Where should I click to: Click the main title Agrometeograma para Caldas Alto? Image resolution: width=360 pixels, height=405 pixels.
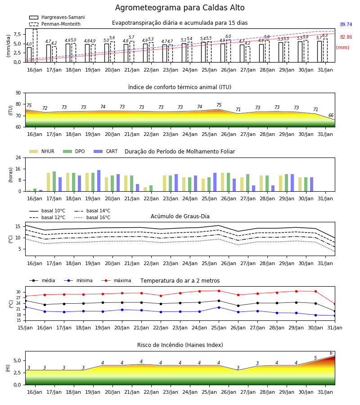click(180, 8)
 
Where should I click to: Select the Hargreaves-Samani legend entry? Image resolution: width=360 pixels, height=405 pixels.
click(57, 17)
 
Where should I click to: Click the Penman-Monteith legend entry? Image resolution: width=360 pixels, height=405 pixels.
click(55, 24)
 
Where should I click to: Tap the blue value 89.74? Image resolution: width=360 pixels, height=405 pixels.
click(346, 25)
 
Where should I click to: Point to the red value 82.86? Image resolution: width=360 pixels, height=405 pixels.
click(346, 37)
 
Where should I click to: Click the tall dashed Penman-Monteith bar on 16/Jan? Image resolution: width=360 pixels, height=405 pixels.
click(35, 46)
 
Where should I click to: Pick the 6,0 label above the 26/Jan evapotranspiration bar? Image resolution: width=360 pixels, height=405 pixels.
click(228, 36)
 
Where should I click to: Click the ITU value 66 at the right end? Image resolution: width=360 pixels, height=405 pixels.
click(331, 115)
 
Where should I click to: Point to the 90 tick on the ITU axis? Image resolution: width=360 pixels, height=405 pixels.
click(18, 93)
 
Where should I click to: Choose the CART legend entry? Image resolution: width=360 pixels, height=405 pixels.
click(106, 151)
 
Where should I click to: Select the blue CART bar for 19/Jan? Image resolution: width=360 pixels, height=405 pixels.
click(99, 181)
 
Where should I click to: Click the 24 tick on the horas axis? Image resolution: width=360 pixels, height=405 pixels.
click(18, 157)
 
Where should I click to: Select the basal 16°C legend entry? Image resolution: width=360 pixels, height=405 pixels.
click(92, 217)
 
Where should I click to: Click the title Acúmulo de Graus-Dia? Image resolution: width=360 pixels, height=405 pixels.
click(180, 216)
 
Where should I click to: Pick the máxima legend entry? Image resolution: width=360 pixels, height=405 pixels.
click(116, 280)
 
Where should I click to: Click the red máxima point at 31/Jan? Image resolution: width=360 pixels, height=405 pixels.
click(335, 304)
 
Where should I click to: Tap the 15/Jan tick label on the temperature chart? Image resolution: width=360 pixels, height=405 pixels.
click(25, 328)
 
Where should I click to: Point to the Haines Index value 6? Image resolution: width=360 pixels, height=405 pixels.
click(331, 353)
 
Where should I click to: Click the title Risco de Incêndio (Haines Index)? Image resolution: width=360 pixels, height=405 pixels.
click(180, 345)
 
